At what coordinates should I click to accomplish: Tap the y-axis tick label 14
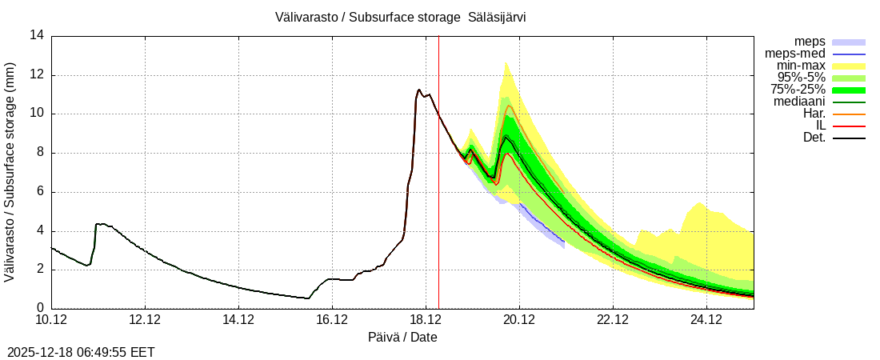tap(37, 35)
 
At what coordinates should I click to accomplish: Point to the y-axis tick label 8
tap(40, 153)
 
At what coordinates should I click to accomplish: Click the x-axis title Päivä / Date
tap(402, 338)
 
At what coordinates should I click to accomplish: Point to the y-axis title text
tap(10, 172)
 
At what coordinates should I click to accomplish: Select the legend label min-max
tap(801, 66)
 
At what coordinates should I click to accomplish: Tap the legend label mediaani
tap(799, 102)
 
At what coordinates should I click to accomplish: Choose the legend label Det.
tap(814, 138)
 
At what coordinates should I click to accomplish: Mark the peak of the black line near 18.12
tap(419, 90)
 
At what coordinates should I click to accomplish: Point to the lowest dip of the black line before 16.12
tap(308, 298)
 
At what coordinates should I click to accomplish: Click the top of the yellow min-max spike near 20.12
tap(506, 62)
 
